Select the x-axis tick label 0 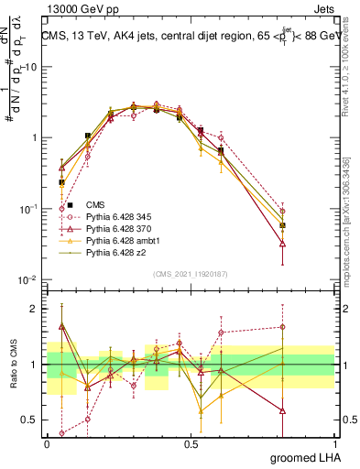(47, 442)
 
